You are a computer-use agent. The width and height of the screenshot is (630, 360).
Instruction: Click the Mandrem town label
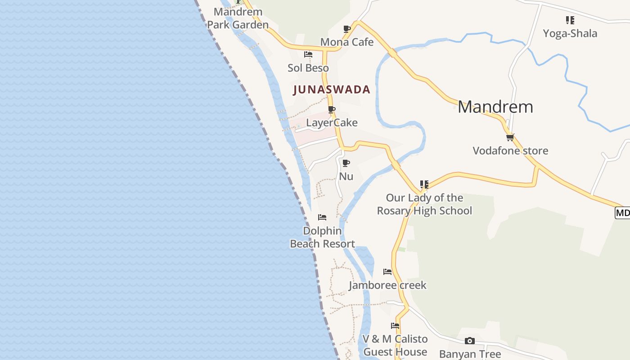coord(495,107)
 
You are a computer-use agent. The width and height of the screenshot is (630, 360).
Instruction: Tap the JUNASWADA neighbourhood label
coord(332,90)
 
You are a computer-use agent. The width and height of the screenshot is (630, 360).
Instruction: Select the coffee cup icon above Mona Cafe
coord(347,29)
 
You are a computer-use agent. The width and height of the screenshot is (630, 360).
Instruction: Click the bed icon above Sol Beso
coord(308,54)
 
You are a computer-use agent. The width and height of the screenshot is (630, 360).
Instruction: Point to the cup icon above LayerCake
coord(332,109)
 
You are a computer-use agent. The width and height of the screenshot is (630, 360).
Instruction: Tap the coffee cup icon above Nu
coord(346,163)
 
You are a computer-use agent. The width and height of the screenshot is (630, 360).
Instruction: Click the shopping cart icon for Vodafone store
coord(510,137)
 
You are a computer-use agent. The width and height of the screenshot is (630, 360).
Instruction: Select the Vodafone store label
coord(510,151)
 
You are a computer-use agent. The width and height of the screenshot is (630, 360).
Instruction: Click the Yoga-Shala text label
coord(570,33)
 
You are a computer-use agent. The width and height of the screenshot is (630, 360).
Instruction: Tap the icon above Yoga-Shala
coord(570,20)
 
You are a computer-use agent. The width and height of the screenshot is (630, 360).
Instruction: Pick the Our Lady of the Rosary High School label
coord(424,204)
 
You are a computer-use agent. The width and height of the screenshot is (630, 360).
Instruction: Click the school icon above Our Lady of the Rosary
coord(424,184)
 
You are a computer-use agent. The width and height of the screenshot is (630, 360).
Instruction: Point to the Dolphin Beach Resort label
coord(322,237)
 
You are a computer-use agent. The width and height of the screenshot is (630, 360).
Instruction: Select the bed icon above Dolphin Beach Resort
coord(322,217)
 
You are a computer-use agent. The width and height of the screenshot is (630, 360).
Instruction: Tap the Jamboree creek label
coord(387,285)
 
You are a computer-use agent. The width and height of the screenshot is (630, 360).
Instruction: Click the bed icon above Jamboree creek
coord(387,272)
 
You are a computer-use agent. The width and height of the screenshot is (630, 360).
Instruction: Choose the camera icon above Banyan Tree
coord(470,341)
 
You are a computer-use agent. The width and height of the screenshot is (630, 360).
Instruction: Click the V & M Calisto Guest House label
coord(395,345)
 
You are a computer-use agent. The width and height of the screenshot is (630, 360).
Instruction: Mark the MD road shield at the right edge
coord(623,212)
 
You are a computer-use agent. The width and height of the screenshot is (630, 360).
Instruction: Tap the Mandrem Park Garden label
coord(238,18)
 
